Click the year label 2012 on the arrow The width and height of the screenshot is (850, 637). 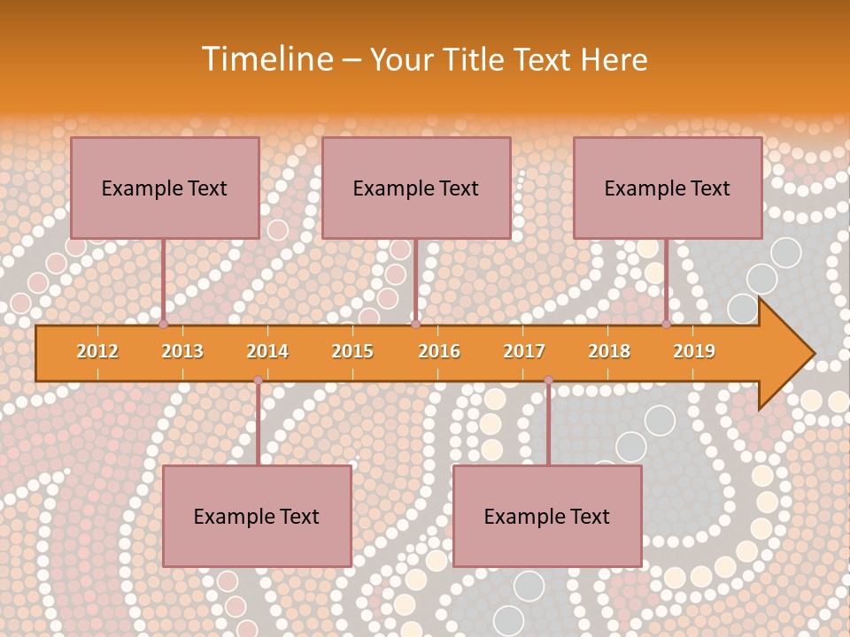click(97, 351)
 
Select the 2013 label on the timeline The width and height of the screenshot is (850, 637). click(182, 351)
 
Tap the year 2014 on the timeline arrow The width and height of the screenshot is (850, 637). click(267, 351)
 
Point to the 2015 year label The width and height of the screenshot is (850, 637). click(352, 351)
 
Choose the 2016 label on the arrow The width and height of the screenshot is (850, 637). click(439, 351)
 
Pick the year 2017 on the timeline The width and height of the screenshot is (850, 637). click(524, 351)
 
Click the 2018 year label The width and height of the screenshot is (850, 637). click(609, 351)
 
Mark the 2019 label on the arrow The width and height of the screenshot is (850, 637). click(694, 351)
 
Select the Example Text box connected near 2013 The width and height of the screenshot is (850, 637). click(165, 188)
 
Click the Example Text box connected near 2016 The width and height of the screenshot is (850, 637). click(416, 188)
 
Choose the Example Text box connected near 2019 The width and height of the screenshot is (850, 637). click(668, 188)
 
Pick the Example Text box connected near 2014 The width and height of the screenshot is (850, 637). click(257, 516)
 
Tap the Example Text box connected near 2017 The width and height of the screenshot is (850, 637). click(547, 516)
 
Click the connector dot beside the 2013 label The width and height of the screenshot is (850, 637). click(164, 324)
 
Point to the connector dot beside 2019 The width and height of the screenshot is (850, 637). click(667, 324)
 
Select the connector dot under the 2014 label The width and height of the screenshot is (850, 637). click(258, 380)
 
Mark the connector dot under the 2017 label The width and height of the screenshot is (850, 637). click(548, 380)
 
